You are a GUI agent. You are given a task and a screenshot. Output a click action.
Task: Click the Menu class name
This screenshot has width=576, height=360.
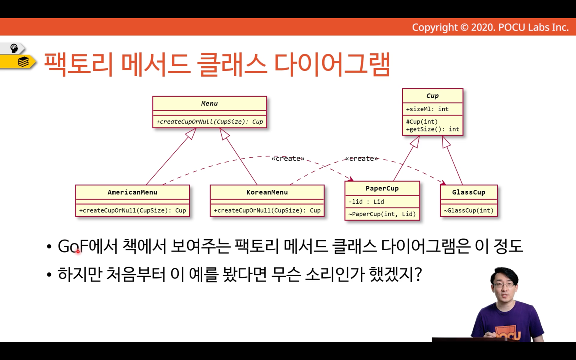pos(209,103)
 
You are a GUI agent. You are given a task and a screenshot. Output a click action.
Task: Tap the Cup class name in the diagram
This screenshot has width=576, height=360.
pos(432,96)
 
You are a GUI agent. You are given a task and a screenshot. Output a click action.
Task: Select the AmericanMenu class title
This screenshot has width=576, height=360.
pos(133,192)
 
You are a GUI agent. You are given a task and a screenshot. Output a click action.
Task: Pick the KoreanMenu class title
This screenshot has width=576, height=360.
pos(267,192)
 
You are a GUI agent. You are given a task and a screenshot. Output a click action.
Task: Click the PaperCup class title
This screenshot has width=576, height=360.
pos(382,188)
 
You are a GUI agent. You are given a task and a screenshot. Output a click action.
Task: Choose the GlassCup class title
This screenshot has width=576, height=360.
pos(469,192)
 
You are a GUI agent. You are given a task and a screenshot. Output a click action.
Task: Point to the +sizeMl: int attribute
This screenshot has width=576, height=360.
pos(427,109)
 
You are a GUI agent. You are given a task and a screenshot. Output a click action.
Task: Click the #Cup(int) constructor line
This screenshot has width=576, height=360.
pos(422,122)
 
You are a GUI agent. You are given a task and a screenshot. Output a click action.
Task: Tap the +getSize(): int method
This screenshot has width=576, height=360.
pos(432,129)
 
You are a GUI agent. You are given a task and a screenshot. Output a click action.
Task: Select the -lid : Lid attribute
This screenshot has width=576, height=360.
pos(366,202)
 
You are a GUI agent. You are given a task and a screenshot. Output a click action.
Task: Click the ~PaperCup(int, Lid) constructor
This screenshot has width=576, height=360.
pos(382,214)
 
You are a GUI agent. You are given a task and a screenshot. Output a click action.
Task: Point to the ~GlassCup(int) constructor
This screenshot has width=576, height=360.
pos(469,210)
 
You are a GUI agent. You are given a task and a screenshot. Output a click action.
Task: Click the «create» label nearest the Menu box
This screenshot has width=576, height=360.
pos(288,158)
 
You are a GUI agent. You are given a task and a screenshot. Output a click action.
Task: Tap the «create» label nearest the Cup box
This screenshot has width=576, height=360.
pos(362,158)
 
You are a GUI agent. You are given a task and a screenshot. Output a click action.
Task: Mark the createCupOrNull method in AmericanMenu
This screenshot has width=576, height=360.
pos(133,210)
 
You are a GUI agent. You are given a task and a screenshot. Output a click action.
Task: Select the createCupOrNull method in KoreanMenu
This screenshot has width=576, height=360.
pos(267,210)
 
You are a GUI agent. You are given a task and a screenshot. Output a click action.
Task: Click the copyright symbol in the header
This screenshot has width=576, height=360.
pos(464,27)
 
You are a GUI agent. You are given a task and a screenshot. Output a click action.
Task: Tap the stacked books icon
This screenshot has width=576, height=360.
pos(23,62)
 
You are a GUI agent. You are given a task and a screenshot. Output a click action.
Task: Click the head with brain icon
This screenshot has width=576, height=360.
pos(14,48)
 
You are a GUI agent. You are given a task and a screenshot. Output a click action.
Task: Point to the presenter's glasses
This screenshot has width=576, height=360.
pos(504,285)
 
